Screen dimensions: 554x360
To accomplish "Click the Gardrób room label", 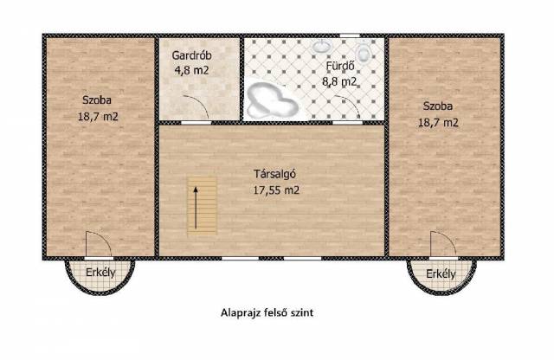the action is pos(191,55).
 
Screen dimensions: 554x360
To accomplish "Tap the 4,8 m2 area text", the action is pos(191,70).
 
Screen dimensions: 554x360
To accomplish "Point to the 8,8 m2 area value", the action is pos(339,81).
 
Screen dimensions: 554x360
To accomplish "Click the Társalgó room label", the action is pos(274,174).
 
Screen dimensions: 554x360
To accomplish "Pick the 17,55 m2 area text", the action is pos(276,190).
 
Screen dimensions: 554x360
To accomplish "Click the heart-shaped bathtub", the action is pos(272,100).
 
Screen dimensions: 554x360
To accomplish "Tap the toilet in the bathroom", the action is pos(363,51).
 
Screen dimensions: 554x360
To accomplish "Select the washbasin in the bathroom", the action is pos(321,46).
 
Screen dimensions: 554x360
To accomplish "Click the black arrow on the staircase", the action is pos(195,208).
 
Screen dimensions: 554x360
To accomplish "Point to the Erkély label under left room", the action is pos(100,273).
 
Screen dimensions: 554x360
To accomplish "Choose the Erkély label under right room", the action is pos(441,273).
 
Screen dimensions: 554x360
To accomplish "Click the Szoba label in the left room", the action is pos(97,100).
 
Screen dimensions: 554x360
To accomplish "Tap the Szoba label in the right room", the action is pos(438,106).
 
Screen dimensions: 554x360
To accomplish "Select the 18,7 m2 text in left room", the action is pos(98,116).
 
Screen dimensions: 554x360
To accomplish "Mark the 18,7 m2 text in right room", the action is pos(438,123).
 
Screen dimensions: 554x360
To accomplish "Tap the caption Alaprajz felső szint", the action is pos(267,312).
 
